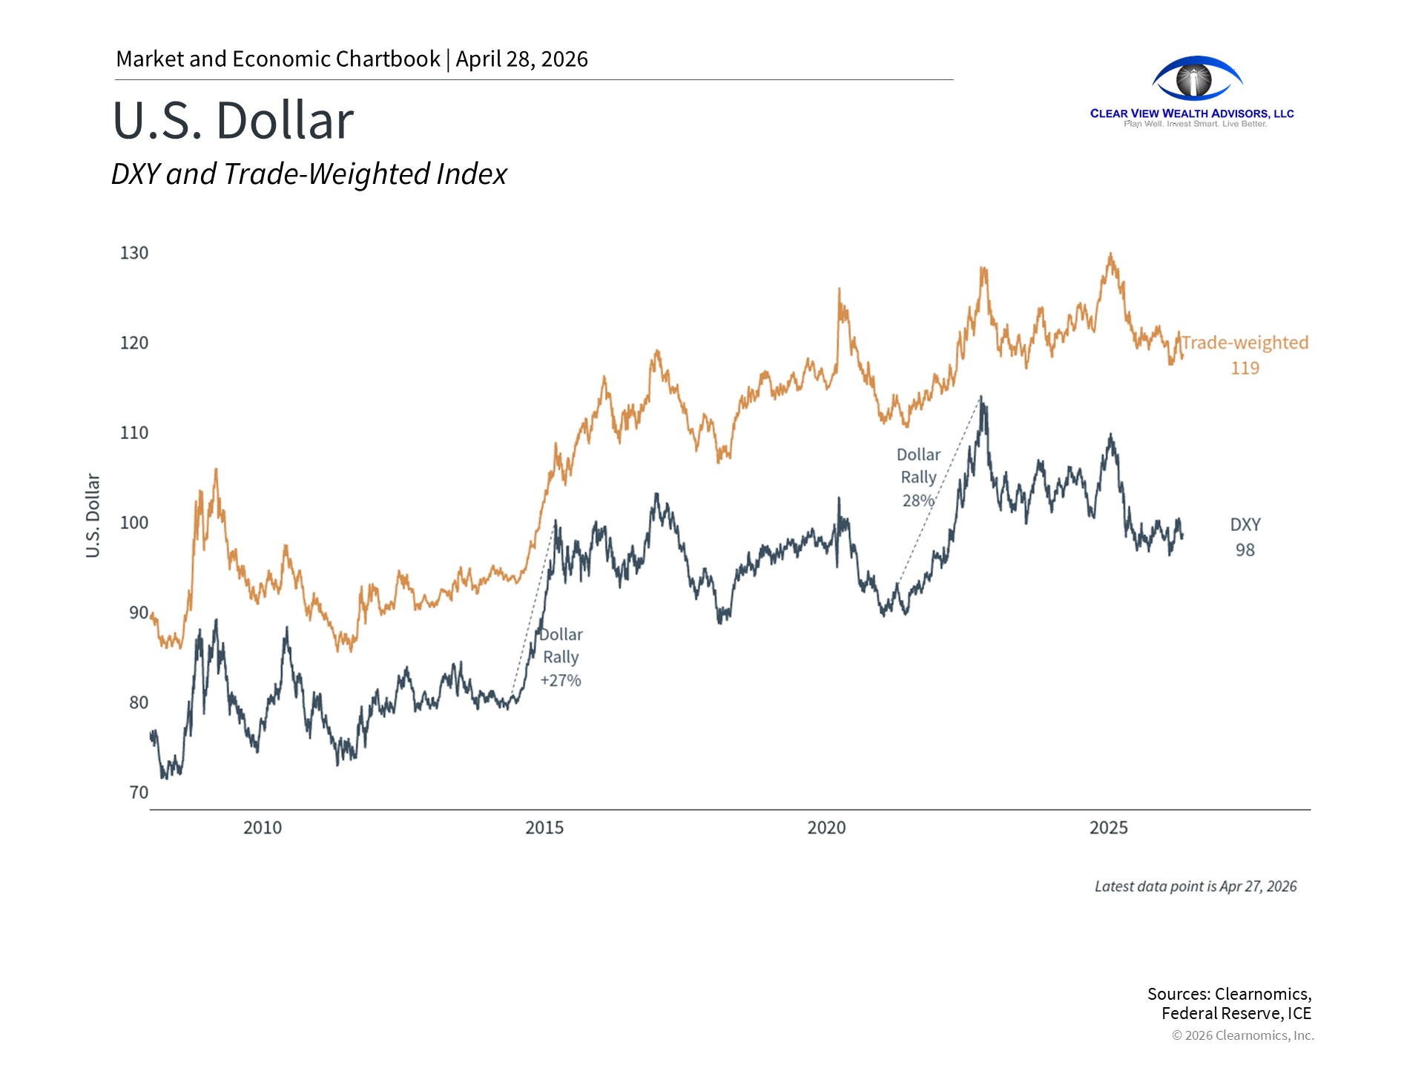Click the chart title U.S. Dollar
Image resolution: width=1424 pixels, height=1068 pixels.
tap(233, 120)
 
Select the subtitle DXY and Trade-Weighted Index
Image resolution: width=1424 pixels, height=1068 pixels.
tap(309, 174)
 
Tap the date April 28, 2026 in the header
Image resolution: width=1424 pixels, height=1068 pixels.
tap(521, 59)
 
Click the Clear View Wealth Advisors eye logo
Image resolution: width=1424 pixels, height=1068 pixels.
tap(1196, 79)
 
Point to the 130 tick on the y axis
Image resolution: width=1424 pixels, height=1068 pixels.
tap(134, 253)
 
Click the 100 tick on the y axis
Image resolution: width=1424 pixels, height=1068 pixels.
tap(134, 523)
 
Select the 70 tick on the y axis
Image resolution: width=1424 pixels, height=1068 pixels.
tap(139, 792)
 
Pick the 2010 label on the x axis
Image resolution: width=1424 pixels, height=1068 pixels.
tap(263, 828)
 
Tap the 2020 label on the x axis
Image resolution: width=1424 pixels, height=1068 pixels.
tap(826, 828)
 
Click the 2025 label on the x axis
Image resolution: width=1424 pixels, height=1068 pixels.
tap(1108, 828)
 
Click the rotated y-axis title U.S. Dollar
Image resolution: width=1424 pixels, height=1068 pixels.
tap(93, 515)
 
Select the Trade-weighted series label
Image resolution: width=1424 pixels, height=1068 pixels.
tap(1245, 343)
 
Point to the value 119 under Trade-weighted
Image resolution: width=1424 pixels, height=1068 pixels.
tap(1245, 368)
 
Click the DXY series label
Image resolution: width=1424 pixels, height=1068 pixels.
tap(1245, 524)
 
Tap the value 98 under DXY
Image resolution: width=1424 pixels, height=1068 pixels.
tap(1245, 550)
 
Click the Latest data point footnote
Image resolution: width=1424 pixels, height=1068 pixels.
tap(1196, 886)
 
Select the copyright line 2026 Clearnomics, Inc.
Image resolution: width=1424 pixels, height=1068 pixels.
tap(1243, 1035)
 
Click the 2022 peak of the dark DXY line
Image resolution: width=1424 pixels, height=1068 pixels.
tap(981, 398)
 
